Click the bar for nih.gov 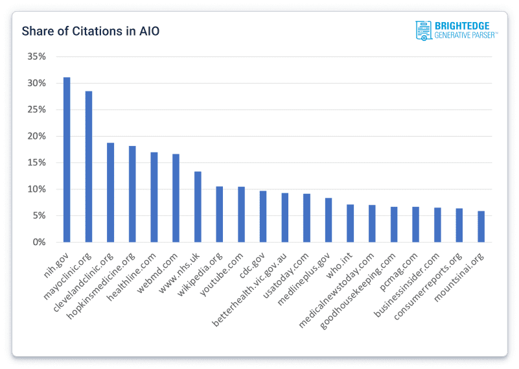(67, 160)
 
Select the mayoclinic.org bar (89, 167)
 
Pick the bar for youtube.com (241, 215)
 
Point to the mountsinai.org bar (481, 226)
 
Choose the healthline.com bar (154, 197)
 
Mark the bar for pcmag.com (415, 224)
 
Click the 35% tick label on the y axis (36, 56)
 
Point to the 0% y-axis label (39, 243)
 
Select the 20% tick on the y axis (36, 136)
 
